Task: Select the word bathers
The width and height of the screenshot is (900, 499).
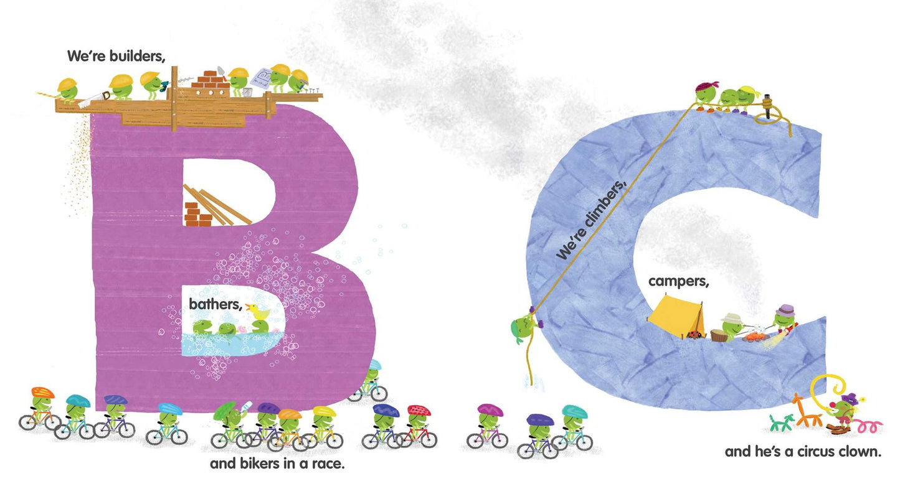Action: [216, 304]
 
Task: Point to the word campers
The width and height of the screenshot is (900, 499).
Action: [679, 282]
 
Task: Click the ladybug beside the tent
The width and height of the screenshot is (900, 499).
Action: [694, 334]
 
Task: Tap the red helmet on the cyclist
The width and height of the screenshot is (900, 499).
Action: [419, 410]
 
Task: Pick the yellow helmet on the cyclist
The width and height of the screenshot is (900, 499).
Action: [324, 411]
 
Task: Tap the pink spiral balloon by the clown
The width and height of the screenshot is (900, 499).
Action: [867, 426]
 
